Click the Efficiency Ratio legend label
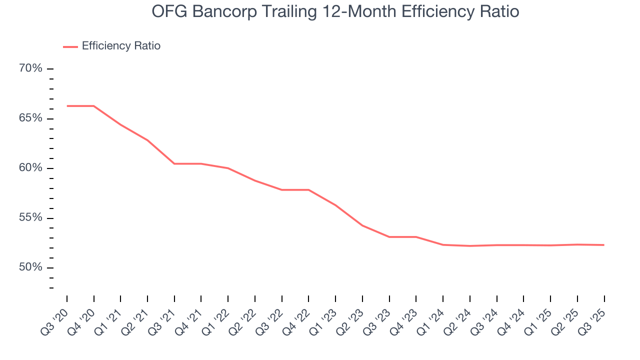coord(121,46)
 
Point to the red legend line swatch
coord(70,46)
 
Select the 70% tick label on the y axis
coord(30,68)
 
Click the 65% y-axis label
coord(30,118)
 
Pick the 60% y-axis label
coord(30,168)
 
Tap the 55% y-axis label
coord(30,218)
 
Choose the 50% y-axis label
coord(30,267)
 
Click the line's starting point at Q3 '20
coord(67,106)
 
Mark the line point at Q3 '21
coord(174,163)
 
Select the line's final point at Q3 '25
coord(604,245)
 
